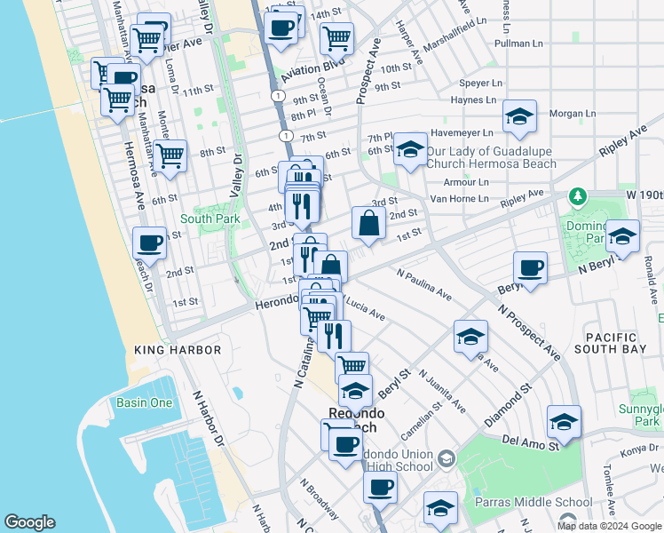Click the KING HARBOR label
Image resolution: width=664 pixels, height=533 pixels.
pyautogui.click(x=178, y=350)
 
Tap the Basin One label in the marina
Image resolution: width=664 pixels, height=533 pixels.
pyautogui.click(x=144, y=402)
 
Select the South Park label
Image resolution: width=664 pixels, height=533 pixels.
pyautogui.click(x=209, y=219)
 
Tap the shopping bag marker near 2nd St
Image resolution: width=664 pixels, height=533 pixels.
pyautogui.click(x=368, y=225)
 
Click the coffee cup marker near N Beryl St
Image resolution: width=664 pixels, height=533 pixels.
pyautogui.click(x=530, y=269)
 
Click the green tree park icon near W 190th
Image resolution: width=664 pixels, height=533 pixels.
pyautogui.click(x=577, y=195)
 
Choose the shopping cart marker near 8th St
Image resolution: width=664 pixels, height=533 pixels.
pyautogui.click(x=170, y=156)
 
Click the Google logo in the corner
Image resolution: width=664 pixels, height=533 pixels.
pyautogui.click(x=29, y=522)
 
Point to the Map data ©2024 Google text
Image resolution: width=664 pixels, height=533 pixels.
pyautogui.click(x=609, y=526)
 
